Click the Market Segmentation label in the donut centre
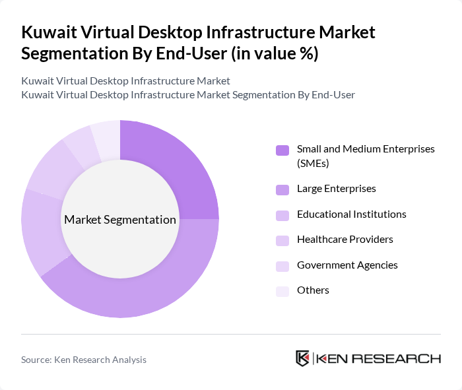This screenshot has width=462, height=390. pyautogui.click(x=120, y=220)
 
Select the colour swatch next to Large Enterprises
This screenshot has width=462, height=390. pyautogui.click(x=282, y=190)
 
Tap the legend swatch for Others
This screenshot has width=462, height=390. pyautogui.click(x=282, y=291)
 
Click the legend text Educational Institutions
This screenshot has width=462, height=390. pyautogui.click(x=351, y=214)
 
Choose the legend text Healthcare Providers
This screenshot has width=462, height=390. pyautogui.click(x=345, y=240)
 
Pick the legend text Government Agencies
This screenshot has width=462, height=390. pyautogui.click(x=347, y=265)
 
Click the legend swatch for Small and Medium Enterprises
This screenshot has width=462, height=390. pyautogui.click(x=282, y=150)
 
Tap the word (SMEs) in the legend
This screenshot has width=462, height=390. pyautogui.click(x=313, y=163)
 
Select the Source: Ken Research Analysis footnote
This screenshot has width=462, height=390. pyautogui.click(x=84, y=360)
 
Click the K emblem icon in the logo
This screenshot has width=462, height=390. pyautogui.click(x=302, y=358)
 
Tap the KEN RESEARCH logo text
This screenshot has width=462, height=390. pyautogui.click(x=378, y=358)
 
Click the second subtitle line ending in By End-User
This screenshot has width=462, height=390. pyautogui.click(x=188, y=95)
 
